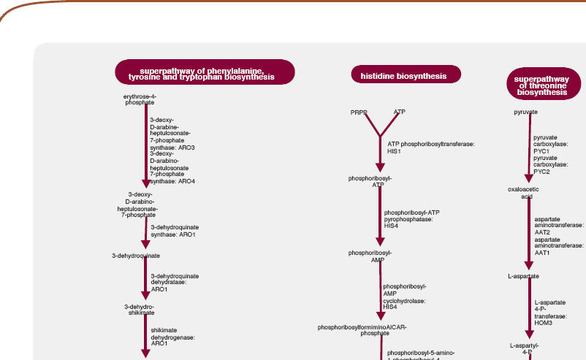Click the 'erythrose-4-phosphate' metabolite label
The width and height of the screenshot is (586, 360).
140,99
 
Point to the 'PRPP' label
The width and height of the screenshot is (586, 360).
359,112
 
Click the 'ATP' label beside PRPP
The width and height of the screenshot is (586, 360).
400,112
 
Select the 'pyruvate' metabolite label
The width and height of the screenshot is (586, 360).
525,112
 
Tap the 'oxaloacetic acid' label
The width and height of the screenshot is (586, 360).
523,193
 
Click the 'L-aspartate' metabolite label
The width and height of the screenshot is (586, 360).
523,277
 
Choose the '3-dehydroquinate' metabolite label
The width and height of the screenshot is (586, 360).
136,256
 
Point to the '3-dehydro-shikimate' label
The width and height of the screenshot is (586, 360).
139,309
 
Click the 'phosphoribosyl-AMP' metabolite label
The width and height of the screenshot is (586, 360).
370,256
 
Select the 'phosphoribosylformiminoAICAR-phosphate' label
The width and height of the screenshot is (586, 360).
372,329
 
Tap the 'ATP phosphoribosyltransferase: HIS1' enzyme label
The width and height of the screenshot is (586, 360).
431,147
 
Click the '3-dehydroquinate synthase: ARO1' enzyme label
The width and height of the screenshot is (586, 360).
173,231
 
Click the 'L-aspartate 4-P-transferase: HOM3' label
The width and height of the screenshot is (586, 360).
550,312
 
